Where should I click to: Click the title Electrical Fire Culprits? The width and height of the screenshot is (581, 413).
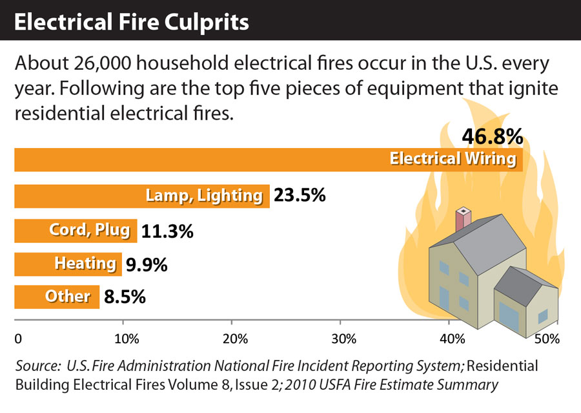pyautogui.click(x=132, y=22)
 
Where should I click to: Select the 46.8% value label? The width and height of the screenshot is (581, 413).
pyautogui.click(x=492, y=137)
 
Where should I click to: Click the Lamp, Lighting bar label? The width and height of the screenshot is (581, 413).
pyautogui.click(x=205, y=195)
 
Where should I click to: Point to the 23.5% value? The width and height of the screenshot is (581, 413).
pyautogui.click(x=300, y=195)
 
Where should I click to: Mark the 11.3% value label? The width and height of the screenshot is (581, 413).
pyautogui.click(x=167, y=231)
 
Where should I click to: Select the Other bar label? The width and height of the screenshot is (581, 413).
pyautogui.click(x=68, y=297)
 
